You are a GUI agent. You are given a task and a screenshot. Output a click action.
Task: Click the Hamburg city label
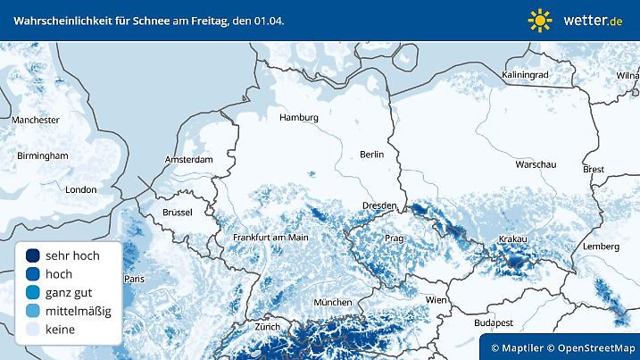click(299, 117)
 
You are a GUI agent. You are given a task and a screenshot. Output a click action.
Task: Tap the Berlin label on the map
click(371, 155)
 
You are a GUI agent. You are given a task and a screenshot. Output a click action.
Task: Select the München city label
click(332, 303)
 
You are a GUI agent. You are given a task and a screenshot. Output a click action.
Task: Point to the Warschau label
click(536, 165)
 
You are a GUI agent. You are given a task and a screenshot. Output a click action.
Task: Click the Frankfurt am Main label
click(270, 238)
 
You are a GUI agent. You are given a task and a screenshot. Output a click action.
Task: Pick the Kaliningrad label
click(525, 75)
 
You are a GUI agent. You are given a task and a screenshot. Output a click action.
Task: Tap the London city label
click(80, 189)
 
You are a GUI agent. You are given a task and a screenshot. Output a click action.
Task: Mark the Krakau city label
click(513, 239)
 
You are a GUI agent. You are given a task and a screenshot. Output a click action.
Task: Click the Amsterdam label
click(189, 160)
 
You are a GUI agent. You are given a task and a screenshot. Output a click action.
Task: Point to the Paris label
click(134, 279)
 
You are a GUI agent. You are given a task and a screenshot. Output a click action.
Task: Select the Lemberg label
click(600, 246)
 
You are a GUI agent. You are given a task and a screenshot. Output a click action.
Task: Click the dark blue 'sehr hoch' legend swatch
click(34, 255)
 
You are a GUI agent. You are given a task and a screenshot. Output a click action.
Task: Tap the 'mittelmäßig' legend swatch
click(34, 311)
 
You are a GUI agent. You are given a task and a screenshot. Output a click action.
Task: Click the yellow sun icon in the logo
click(540, 20)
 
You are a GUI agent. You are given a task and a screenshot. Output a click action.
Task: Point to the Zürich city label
click(268, 327)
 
